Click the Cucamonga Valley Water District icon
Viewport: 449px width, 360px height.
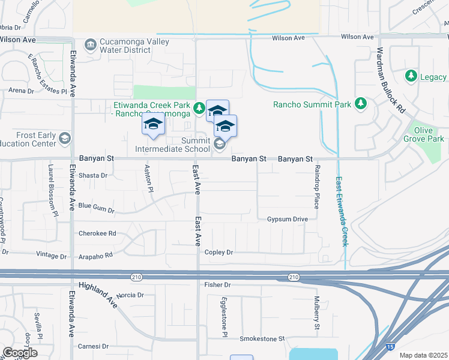pos(90,44)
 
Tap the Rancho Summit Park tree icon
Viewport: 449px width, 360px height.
pos(361,104)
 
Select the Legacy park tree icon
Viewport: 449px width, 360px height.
pos(411,76)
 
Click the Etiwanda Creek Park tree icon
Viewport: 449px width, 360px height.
pos(199,108)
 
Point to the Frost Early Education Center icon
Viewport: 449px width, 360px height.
pos(65,139)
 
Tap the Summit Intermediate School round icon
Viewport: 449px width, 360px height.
pos(220,144)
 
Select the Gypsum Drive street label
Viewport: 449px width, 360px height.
pos(287,220)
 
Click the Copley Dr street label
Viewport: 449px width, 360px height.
pos(218,253)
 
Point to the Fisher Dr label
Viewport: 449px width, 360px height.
pos(217,284)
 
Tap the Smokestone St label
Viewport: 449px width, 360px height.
pos(262,339)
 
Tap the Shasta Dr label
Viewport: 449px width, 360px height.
pos(93,176)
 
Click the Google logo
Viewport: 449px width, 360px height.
pos(20,353)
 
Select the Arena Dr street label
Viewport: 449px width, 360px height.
pos(21,91)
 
